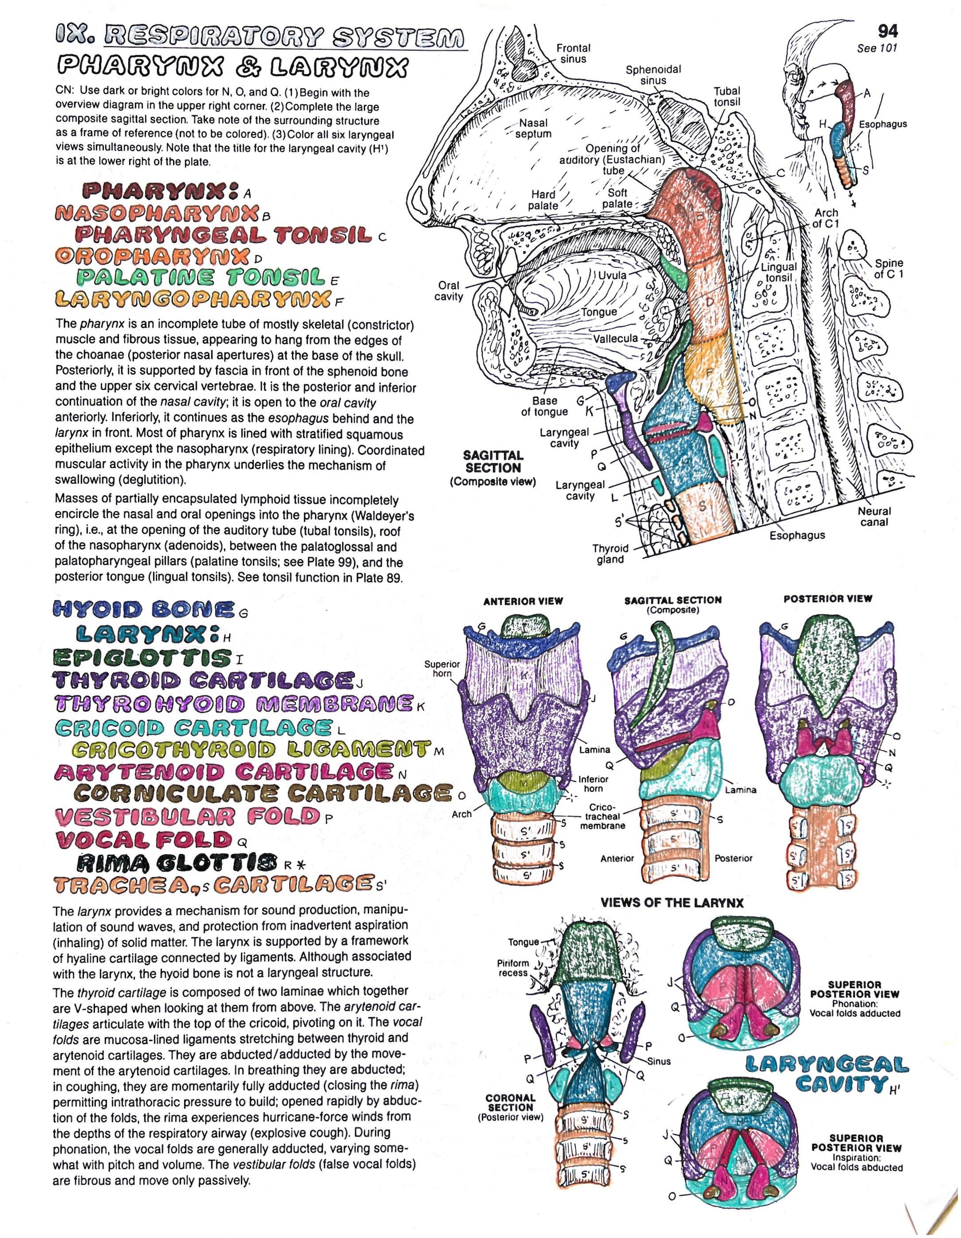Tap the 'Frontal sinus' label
click(573, 53)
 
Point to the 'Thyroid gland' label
click(610, 554)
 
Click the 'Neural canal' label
click(874, 516)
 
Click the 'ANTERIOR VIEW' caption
click(523, 601)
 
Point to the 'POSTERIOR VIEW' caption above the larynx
click(827, 599)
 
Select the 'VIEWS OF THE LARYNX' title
click(672, 902)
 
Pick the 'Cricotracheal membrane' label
click(603, 816)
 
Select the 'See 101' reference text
click(877, 48)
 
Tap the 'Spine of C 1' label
click(888, 269)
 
